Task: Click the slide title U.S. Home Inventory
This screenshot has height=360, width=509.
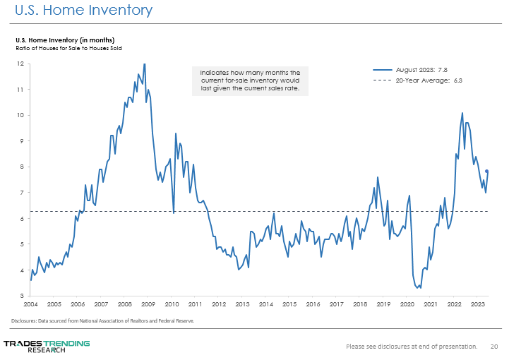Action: (83, 11)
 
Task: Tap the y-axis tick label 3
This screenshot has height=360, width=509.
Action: (23, 296)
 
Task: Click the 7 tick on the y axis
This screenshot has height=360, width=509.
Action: (23, 193)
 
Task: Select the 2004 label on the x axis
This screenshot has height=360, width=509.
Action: (30, 304)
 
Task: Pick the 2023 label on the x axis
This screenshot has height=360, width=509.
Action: (478, 304)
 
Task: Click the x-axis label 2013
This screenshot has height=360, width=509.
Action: (242, 304)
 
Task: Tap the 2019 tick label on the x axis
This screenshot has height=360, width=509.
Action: (383, 304)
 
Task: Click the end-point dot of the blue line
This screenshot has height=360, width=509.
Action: (487, 172)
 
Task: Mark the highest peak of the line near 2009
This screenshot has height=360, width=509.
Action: (145, 64)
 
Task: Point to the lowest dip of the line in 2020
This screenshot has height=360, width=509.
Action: (419, 288)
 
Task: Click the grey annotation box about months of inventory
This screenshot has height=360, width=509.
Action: (250, 81)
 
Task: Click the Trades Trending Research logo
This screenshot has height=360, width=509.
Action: (47, 346)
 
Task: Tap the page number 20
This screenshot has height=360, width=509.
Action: (494, 347)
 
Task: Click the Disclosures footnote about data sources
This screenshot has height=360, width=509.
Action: (102, 320)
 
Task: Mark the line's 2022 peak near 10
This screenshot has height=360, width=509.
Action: (462, 113)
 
